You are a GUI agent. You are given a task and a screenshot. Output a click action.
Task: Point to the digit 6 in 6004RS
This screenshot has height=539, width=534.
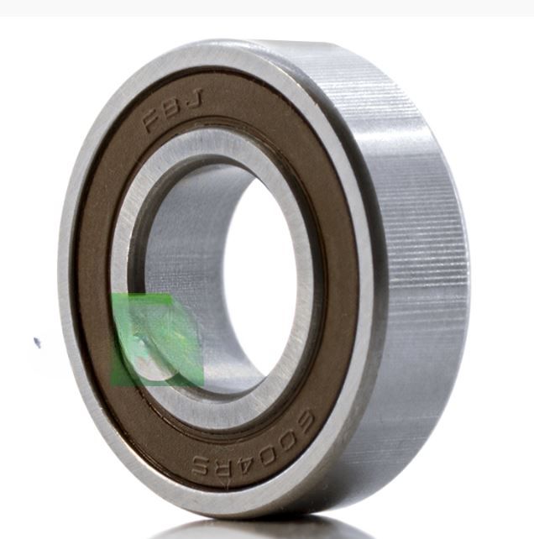301,423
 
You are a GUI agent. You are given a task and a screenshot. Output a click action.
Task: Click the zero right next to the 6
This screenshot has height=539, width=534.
286,442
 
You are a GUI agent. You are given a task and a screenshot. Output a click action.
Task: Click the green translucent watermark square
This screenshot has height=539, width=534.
157,340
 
